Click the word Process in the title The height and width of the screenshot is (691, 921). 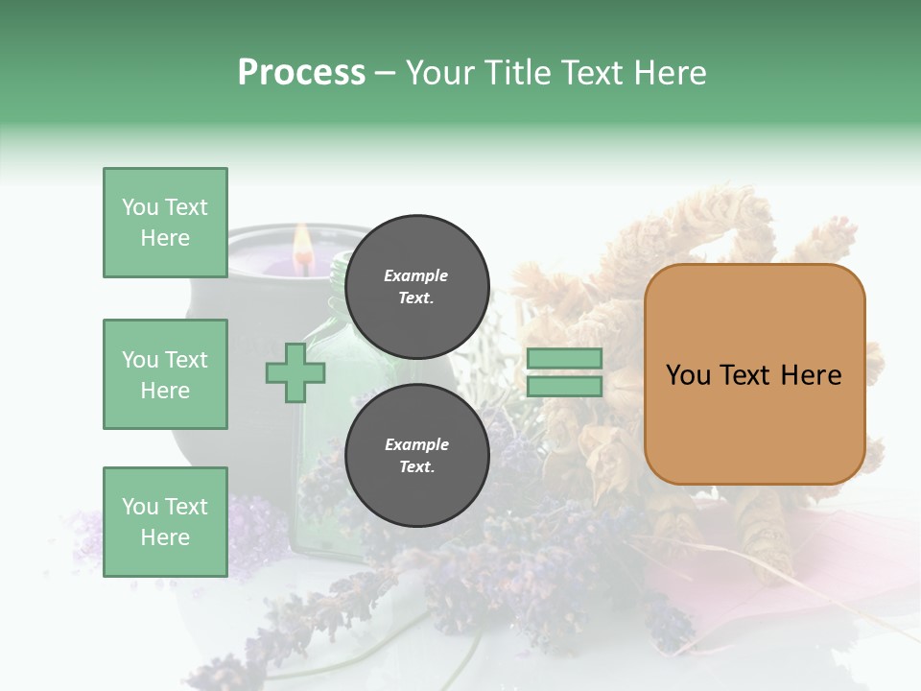click(301, 73)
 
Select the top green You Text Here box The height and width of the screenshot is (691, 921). click(165, 223)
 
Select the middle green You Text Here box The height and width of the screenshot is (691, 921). click(165, 374)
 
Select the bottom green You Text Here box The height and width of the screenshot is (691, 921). click(165, 522)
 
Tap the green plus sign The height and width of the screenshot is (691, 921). click(295, 374)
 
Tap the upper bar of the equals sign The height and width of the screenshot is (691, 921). click(564, 359)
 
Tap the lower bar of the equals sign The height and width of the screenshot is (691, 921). click(564, 387)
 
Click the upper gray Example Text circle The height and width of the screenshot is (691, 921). click(416, 286)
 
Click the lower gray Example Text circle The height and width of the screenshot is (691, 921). click(416, 455)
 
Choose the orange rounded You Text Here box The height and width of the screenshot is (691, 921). click(754, 374)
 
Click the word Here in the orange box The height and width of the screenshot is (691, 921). click(811, 375)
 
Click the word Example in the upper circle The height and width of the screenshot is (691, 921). click(416, 275)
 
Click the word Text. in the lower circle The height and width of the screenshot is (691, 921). click(416, 466)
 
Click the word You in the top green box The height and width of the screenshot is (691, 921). click(140, 207)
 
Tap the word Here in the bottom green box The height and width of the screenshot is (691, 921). click(165, 537)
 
